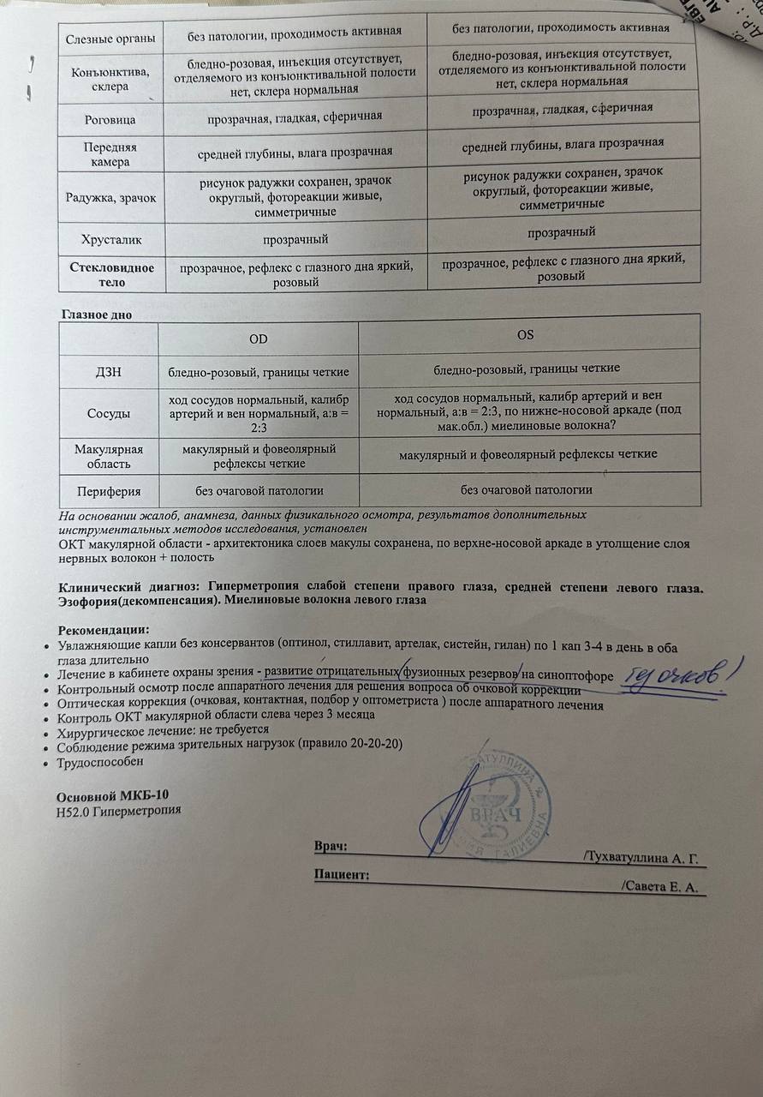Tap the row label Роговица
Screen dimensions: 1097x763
tap(106, 119)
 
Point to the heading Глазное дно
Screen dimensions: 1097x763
tap(95, 315)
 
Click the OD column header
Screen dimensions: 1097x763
tap(258, 339)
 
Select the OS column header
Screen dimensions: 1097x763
tap(526, 335)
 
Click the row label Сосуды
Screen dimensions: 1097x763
tap(108, 413)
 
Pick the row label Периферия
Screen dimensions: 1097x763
tap(108, 492)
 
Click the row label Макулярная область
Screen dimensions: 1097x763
tap(108, 457)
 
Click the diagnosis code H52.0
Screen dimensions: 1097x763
tap(76, 811)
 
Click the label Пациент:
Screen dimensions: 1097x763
tap(342, 874)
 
